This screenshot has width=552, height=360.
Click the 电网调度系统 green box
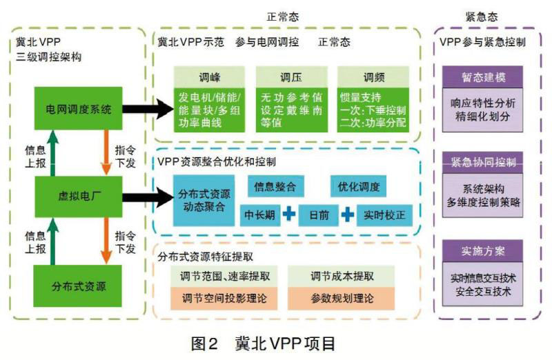(x=77, y=109)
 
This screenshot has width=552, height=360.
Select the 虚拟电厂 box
(x=77, y=195)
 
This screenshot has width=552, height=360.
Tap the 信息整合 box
(x=275, y=186)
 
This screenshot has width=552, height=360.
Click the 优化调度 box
(x=358, y=186)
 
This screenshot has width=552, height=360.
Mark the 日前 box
(x=319, y=215)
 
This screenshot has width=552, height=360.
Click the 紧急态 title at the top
(x=482, y=16)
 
